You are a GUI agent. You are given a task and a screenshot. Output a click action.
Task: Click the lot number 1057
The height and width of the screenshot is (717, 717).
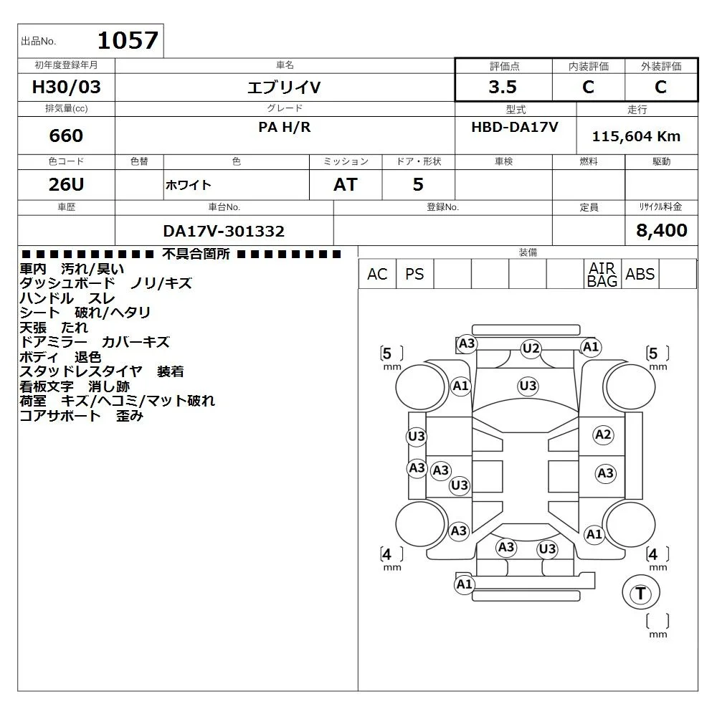[x=128, y=40]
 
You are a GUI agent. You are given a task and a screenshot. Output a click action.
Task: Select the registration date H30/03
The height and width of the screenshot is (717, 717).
[x=66, y=87]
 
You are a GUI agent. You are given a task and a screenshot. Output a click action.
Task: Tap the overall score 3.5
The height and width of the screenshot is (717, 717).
[x=503, y=87]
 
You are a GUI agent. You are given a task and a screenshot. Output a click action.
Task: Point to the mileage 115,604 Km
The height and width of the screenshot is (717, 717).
[x=636, y=136]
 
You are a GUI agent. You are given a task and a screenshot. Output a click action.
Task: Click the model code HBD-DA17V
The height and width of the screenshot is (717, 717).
[x=515, y=127]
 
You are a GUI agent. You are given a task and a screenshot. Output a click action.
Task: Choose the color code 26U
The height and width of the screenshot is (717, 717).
[x=66, y=184]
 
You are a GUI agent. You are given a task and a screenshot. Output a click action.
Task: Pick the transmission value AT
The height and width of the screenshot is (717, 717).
[x=346, y=184]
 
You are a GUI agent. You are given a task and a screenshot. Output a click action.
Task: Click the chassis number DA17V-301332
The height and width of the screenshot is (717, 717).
[x=224, y=231]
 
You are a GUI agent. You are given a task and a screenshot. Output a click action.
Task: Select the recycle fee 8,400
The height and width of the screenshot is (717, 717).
[x=662, y=230]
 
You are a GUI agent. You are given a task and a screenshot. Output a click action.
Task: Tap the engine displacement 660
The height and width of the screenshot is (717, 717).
[x=66, y=136]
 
